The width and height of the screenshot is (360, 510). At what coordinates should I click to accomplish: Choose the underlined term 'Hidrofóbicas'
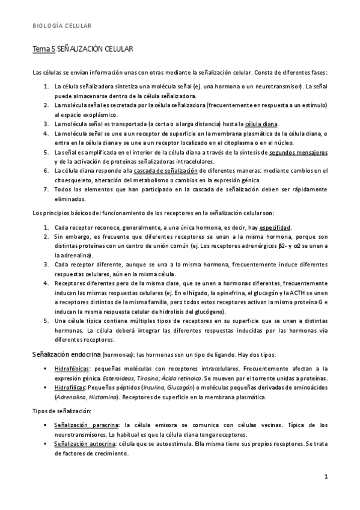(72, 367)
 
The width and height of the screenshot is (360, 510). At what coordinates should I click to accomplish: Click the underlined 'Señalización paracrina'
(85, 425)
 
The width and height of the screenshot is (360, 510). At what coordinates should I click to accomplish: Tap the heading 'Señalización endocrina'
(66, 354)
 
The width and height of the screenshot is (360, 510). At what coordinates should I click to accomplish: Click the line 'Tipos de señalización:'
(62, 410)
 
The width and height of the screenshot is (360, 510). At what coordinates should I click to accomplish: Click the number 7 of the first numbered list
(46, 189)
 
